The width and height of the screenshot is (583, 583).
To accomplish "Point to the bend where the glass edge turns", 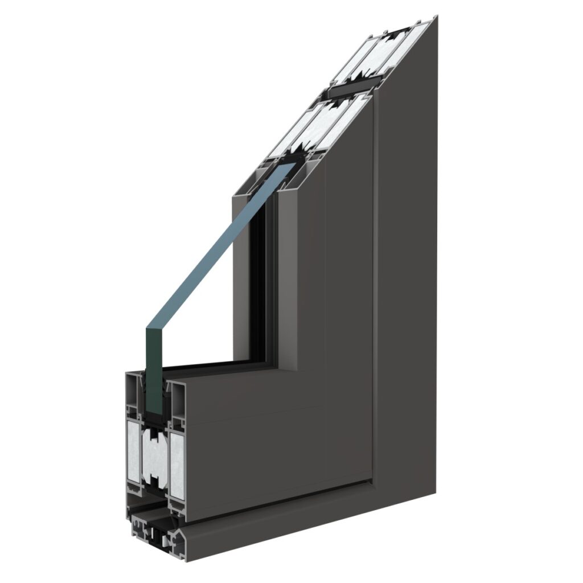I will click(x=149, y=327).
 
